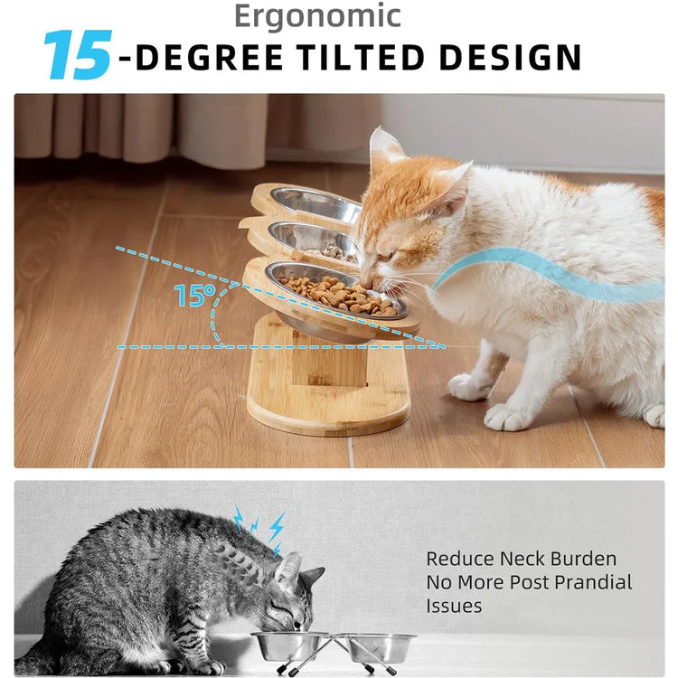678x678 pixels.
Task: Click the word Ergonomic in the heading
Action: click(316, 15)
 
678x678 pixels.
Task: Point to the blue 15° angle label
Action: click(194, 296)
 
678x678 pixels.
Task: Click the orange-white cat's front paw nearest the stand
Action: click(470, 386)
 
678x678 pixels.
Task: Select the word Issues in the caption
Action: click(455, 606)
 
